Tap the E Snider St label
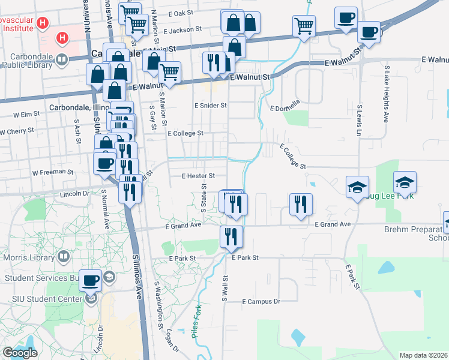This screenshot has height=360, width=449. pos(209,106)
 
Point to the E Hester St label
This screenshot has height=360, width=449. pos(198,176)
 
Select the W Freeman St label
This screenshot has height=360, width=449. pos(53,172)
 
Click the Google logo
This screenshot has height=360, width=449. pos(20,353)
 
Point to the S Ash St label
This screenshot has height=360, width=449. pos(77,131)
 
